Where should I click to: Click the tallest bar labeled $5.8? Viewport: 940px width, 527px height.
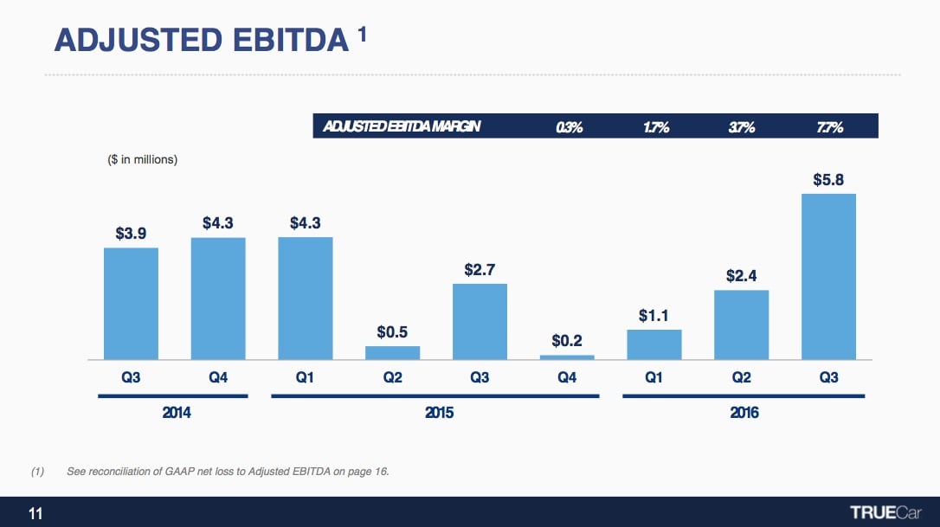828,276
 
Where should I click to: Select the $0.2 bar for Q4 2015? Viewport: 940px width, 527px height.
567,357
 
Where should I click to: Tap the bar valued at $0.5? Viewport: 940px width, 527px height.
392,352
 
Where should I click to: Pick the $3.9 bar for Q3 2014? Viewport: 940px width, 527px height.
131,303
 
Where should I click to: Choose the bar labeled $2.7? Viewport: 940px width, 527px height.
480,321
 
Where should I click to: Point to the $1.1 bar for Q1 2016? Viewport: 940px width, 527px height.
654,344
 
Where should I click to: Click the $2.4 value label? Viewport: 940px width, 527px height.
741,276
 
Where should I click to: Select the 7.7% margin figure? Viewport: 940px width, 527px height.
829,127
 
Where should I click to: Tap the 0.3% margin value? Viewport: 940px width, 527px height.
569,127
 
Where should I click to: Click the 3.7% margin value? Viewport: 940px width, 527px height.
742,127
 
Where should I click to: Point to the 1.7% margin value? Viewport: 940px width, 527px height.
655,127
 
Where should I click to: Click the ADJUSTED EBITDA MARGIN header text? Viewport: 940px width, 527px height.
401,127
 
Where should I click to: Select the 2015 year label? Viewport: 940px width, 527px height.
439,413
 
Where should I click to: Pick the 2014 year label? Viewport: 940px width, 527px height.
177,413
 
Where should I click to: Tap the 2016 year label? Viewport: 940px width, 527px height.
744,413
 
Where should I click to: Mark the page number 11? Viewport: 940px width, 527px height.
35,513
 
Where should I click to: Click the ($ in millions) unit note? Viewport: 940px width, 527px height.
142,159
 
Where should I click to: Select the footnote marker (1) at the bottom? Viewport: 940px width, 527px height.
37,472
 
